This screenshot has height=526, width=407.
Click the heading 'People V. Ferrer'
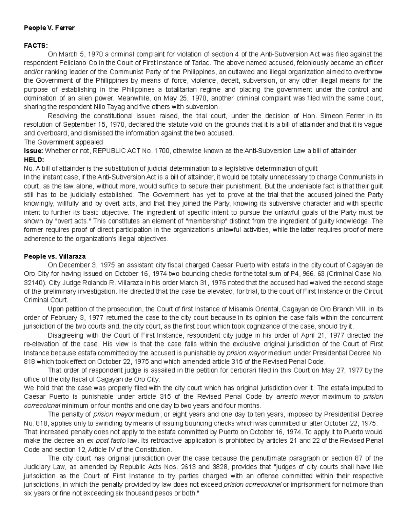tap(49, 28)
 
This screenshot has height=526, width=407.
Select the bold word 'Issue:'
tap(34, 151)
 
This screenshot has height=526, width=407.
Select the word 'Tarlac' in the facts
tap(201, 63)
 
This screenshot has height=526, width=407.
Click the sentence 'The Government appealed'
tap(63, 142)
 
